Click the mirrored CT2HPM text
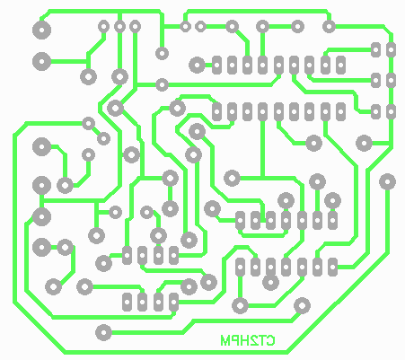248,340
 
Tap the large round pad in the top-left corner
41,30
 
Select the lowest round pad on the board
103,332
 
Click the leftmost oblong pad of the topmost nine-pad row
216,65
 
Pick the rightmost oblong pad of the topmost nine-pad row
340,65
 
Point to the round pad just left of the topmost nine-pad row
197,65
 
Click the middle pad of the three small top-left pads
119,27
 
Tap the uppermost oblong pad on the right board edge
391,49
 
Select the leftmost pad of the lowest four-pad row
127,302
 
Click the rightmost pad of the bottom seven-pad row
332,267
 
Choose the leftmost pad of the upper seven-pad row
240,221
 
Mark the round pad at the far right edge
387,181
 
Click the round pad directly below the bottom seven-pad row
270,282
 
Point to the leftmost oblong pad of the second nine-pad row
216,111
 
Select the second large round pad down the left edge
41,61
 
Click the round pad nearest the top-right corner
329,27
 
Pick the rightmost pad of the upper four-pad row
173,255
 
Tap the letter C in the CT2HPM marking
270,340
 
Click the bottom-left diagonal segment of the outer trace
40,328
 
